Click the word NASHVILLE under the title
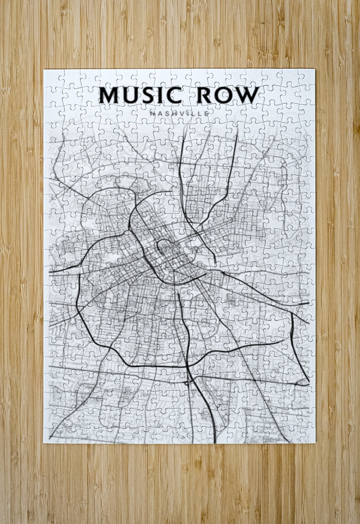click(x=180, y=113)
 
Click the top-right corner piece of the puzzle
click(x=307, y=77)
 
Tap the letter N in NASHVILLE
click(x=152, y=113)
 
